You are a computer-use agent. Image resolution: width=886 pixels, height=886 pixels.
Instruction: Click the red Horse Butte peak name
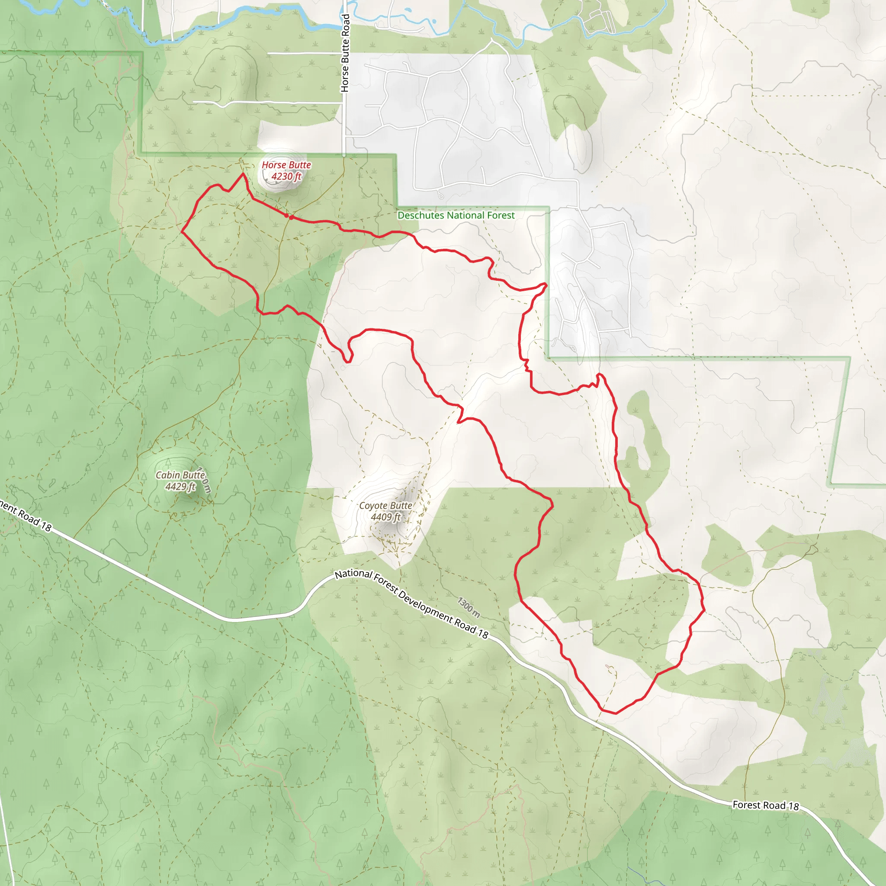click(x=286, y=165)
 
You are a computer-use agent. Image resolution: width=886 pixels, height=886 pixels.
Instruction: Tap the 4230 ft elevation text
click(x=286, y=176)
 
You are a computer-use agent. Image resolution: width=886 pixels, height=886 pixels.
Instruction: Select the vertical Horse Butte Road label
click(x=345, y=53)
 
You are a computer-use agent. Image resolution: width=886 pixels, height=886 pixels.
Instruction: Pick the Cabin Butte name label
click(x=180, y=475)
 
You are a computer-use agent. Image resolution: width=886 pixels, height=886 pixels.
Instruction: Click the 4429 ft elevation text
click(x=180, y=487)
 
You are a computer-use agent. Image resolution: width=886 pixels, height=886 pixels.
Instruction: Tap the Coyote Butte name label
click(x=385, y=505)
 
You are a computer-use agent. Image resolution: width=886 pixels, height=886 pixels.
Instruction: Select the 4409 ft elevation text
click(x=385, y=517)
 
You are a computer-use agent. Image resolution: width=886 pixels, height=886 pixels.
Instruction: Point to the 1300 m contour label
click(x=469, y=607)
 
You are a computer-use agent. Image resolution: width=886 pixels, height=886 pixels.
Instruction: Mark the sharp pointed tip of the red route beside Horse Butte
click(x=243, y=174)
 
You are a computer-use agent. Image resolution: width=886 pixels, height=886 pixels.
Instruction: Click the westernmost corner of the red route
click(x=182, y=231)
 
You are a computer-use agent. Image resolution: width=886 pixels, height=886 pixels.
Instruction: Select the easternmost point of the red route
click(x=704, y=610)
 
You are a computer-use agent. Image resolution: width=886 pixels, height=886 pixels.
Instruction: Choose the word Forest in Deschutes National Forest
click(x=502, y=215)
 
